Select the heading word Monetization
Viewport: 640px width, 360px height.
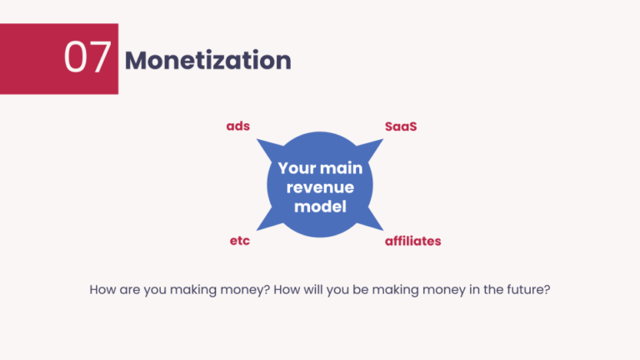207,60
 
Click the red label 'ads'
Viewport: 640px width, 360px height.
238,127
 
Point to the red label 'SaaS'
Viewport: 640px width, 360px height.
400,127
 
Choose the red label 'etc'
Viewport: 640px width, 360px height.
240,241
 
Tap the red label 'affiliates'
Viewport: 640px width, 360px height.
412,241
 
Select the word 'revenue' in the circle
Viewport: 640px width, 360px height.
320,187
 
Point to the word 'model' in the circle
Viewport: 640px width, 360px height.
320,206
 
